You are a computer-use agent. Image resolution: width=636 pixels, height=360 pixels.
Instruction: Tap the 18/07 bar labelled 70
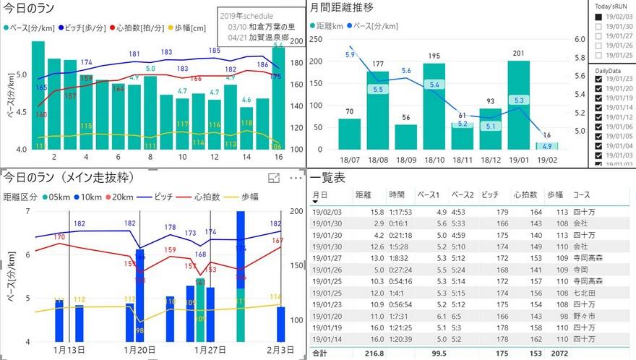point(350,134)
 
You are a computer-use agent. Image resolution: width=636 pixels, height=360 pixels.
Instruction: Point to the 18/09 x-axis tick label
point(406,159)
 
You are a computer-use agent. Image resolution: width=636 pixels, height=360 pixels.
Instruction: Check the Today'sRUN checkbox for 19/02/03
point(598,17)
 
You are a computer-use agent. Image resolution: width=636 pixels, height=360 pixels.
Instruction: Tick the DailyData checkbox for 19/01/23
point(598,80)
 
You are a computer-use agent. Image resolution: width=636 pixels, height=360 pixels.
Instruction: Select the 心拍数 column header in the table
point(525,195)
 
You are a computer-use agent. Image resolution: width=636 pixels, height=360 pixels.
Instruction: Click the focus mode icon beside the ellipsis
point(274,178)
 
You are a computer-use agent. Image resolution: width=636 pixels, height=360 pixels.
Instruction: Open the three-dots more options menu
point(296,178)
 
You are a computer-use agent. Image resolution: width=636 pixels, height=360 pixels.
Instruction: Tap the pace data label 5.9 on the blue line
point(350,55)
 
